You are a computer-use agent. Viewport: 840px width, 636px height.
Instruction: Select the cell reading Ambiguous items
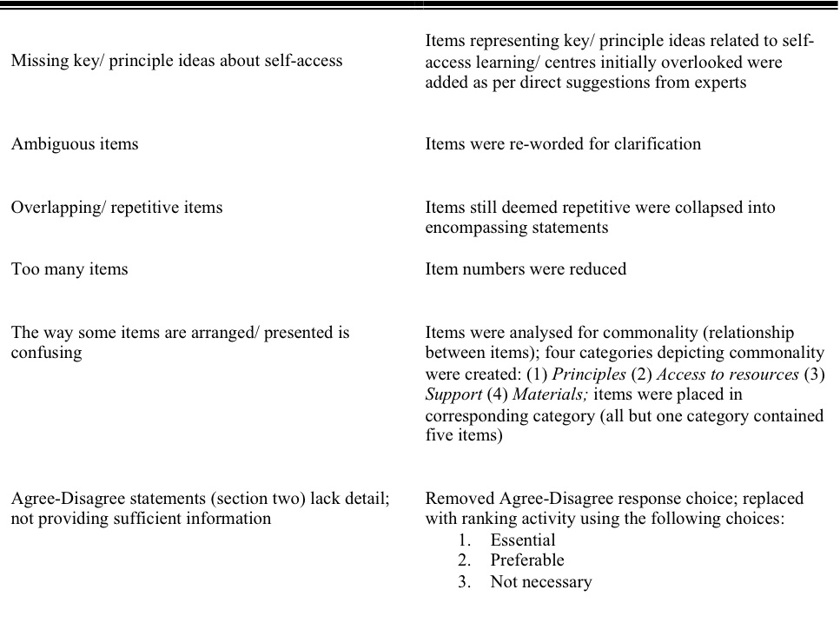pyautogui.click(x=75, y=144)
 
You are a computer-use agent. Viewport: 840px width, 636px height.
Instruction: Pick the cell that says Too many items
pyautogui.click(x=69, y=269)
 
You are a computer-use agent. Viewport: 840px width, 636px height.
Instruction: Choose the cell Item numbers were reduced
pyautogui.click(x=526, y=269)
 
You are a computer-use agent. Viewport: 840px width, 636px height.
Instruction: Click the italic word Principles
pyautogui.click(x=589, y=374)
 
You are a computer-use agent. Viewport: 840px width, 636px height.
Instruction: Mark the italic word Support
pyautogui.click(x=453, y=395)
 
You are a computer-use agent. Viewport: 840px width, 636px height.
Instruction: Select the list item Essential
pyautogui.click(x=523, y=540)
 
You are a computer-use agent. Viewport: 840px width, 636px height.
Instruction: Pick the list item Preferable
pyautogui.click(x=527, y=560)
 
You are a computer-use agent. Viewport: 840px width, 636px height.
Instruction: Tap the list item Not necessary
pyautogui.click(x=541, y=582)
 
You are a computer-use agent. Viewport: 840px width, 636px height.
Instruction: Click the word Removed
pyautogui.click(x=458, y=499)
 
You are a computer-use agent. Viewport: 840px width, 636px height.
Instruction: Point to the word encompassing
pyautogui.click(x=476, y=228)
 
